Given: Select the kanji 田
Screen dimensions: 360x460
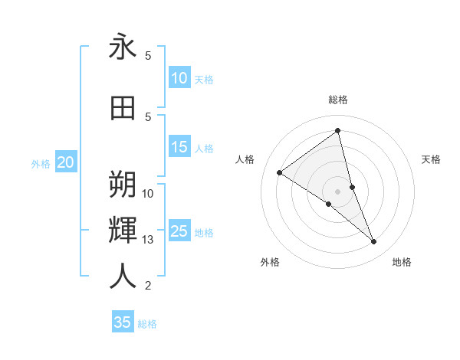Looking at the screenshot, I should (123, 108).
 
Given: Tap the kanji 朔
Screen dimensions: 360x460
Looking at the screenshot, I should (123, 184).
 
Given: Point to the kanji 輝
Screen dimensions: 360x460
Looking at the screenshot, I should (123, 231).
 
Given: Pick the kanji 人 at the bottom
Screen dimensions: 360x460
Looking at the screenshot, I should (123, 277).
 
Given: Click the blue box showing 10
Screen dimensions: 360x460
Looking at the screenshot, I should (179, 78).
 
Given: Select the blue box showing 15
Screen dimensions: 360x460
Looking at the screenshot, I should (179, 148).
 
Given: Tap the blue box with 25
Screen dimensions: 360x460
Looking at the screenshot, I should (179, 232).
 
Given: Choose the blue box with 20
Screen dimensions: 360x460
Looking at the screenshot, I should (66, 162).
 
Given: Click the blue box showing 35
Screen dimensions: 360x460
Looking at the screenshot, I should (123, 322).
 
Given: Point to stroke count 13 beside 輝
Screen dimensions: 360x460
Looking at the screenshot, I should (148, 240).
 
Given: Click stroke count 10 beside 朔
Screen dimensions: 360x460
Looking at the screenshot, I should (148, 193).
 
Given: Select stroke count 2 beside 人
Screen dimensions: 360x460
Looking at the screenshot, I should (148, 286).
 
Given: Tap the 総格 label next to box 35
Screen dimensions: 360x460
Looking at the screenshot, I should (147, 324).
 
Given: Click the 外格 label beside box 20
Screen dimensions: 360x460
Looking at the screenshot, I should (41, 163).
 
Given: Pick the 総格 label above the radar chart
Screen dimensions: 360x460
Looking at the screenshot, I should (337, 100).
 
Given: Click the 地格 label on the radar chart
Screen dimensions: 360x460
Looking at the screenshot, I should (402, 262).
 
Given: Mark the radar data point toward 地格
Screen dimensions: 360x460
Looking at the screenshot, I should (374, 242).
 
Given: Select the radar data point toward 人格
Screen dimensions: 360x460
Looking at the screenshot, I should (279, 172).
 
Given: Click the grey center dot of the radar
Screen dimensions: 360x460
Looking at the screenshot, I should (338, 191).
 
